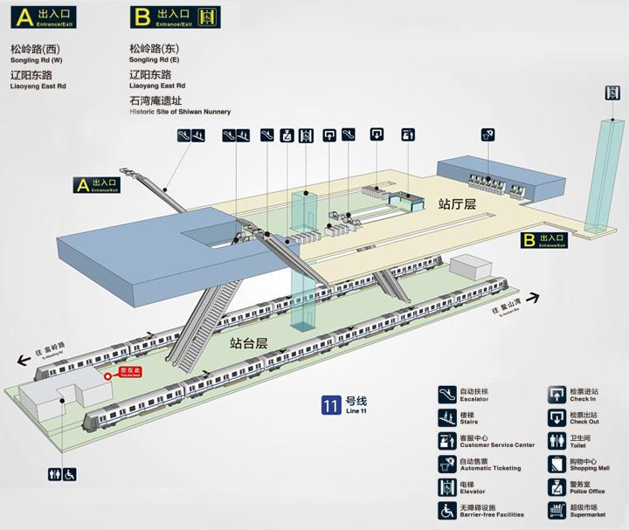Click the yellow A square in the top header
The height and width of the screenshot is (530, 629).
[19, 16]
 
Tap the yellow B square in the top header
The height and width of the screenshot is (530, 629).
[141, 16]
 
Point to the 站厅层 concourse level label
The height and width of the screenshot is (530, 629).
[457, 203]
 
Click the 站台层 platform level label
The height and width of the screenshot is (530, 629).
[248, 344]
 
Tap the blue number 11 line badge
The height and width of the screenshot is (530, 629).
[331, 405]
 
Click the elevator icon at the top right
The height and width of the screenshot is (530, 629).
[612, 93]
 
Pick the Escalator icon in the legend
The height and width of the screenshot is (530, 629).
[446, 395]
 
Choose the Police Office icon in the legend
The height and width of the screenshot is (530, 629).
[556, 487]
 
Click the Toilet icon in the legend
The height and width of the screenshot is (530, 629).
[556, 441]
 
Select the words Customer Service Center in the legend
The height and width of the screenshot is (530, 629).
[497, 445]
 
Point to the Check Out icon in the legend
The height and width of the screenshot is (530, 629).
[556, 417]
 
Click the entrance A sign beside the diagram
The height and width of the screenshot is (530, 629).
[97, 184]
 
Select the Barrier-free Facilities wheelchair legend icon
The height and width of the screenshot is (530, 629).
[446, 510]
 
